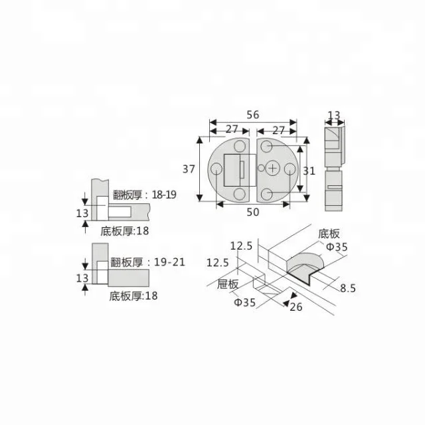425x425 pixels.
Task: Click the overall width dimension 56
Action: (x=252, y=114)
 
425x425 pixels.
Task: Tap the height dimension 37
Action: (x=189, y=169)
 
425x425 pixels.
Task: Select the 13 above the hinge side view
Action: (x=334, y=116)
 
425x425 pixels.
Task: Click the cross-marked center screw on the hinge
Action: (x=274, y=169)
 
